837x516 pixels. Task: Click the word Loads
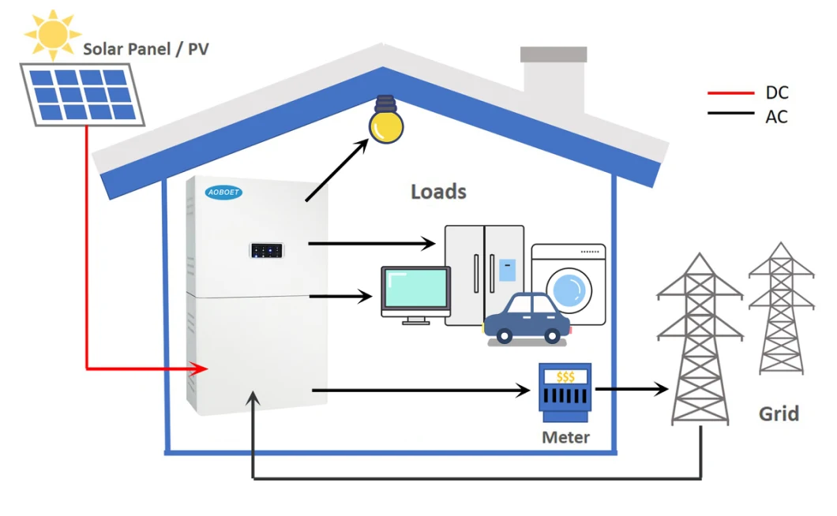click(438, 192)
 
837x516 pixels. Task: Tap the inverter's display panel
click(268, 251)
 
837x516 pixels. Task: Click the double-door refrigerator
click(483, 268)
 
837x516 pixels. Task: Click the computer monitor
click(415, 294)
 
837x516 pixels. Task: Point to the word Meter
click(565, 436)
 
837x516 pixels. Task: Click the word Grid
click(779, 413)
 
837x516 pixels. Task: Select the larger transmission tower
click(700, 339)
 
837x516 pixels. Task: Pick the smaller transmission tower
click(780, 308)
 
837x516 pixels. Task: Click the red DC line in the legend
click(730, 93)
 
